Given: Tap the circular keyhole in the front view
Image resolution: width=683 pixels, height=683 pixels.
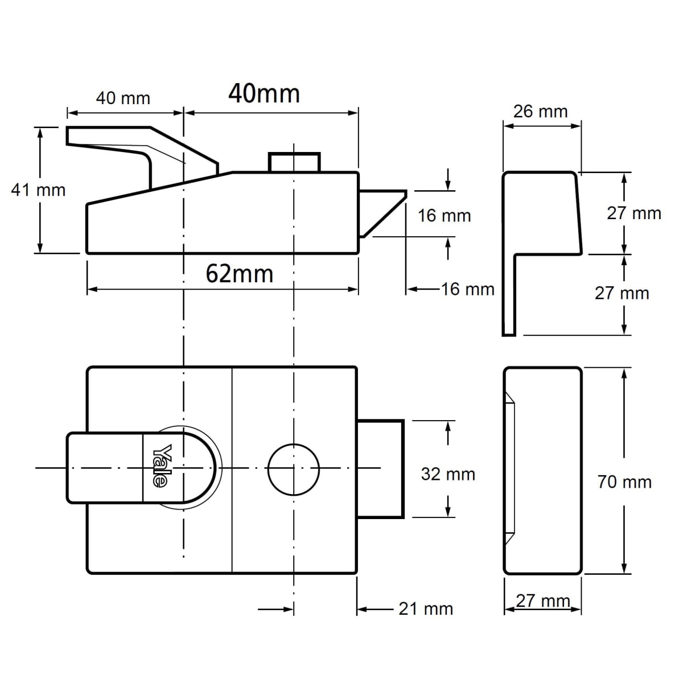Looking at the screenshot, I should pos(294,468).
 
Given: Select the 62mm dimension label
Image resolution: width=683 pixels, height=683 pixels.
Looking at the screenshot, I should pos(239,274).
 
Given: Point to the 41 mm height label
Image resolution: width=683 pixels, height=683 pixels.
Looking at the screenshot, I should pos(38,190).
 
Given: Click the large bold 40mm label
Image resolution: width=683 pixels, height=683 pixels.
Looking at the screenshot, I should pos(264,93).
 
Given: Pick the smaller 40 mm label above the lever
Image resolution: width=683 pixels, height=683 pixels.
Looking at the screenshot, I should pos(123,98).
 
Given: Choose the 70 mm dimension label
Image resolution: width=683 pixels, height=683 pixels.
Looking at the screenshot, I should pos(624,482).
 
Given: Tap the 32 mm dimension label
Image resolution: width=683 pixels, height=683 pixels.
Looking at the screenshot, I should pos(448,474).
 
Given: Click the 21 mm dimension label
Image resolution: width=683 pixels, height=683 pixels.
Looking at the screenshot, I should pos(426,609).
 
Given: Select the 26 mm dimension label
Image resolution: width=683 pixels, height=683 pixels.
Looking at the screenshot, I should pos(540,111).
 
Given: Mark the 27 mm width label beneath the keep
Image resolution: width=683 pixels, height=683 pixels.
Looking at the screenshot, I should pos(543,600).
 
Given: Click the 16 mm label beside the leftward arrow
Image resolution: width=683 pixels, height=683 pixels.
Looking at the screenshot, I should pos(468,289).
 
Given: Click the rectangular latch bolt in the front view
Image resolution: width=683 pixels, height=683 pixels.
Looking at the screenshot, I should pos(380,469).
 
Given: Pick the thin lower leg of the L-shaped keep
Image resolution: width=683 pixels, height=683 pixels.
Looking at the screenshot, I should pos(509,296).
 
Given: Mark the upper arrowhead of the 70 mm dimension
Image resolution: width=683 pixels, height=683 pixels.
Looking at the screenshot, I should pos(625,373).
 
